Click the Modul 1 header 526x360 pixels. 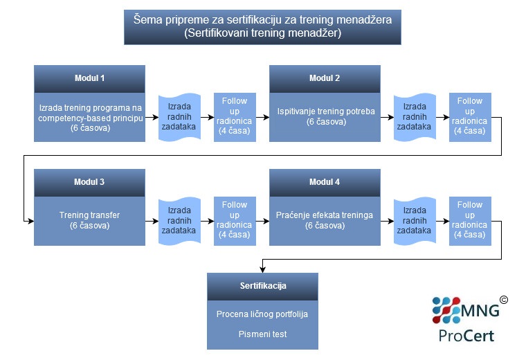click(x=89, y=79)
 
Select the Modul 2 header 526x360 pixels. click(x=325, y=79)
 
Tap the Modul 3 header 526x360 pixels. click(x=89, y=183)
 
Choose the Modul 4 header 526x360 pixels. click(x=325, y=183)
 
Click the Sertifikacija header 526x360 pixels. click(x=263, y=286)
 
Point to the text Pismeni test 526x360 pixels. click(x=263, y=334)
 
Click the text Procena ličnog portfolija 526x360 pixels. click(x=262, y=314)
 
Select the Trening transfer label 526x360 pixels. click(x=89, y=215)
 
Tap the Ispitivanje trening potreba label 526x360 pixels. click(x=326, y=111)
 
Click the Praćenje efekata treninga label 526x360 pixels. click(x=325, y=215)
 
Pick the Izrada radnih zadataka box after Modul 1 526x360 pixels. click(x=179, y=117)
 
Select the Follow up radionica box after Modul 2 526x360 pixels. click(x=470, y=117)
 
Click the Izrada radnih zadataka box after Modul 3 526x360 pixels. click(x=179, y=221)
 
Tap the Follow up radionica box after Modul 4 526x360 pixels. click(x=470, y=221)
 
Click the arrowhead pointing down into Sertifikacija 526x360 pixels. click(x=263, y=269)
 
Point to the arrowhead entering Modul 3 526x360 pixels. click(x=31, y=221)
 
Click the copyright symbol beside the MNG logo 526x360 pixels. click(x=504, y=300)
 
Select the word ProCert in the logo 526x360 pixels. click(x=466, y=336)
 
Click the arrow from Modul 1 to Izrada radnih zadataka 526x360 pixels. click(x=152, y=117)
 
